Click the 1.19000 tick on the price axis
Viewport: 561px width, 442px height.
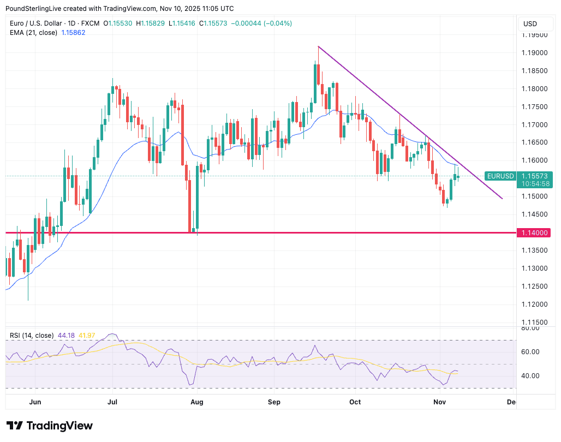(x=534, y=53)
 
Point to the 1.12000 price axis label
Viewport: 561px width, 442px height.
(x=534, y=304)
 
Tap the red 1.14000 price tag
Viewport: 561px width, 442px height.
(x=534, y=233)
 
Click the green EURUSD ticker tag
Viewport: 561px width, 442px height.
(x=500, y=176)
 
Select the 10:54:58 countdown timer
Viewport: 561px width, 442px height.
(x=535, y=184)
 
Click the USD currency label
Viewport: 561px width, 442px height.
(x=530, y=23)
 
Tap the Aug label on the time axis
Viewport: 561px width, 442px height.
(x=197, y=402)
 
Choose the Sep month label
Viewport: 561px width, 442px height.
(x=274, y=402)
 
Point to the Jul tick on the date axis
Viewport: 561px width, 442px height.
(x=112, y=402)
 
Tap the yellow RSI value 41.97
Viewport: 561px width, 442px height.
(x=87, y=336)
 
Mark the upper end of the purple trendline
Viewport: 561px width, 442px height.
(x=318, y=46)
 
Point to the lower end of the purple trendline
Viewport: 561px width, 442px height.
(x=502, y=198)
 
